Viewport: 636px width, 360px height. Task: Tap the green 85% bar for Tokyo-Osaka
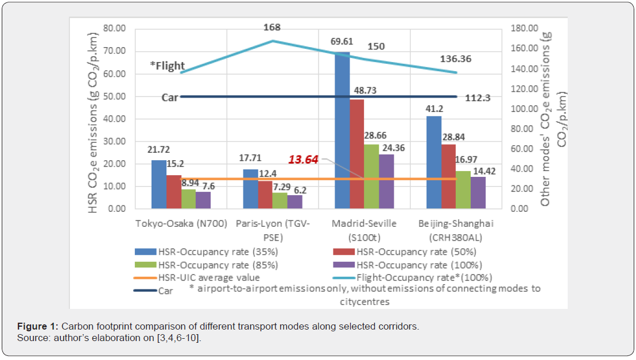(189, 199)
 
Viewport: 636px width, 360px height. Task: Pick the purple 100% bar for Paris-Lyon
(294, 202)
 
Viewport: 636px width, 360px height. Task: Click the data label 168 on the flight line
(272, 27)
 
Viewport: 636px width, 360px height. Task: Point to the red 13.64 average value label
(303, 160)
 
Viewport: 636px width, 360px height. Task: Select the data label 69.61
(342, 42)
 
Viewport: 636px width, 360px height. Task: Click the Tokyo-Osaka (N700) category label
(181, 223)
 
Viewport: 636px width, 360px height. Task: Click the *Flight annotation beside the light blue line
(167, 66)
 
